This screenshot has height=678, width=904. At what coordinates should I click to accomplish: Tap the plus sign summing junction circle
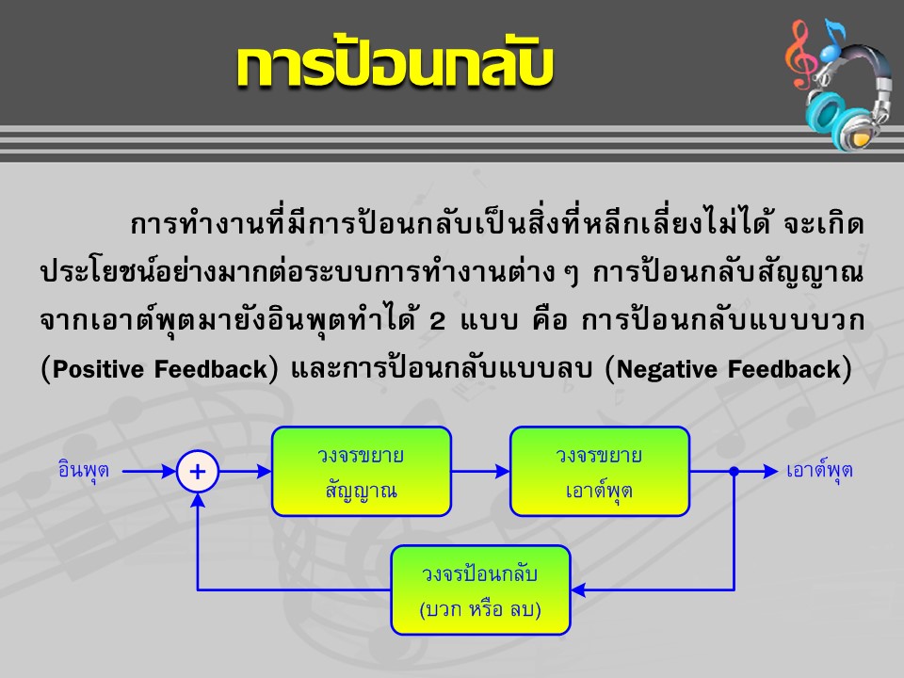[x=198, y=472]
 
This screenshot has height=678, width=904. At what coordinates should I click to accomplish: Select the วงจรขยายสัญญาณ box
[x=362, y=472]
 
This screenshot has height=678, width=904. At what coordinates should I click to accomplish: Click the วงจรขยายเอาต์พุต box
[x=600, y=472]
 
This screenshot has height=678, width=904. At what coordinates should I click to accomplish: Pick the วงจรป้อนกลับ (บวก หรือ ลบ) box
[x=481, y=589]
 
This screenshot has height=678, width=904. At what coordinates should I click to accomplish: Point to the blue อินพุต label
[x=84, y=471]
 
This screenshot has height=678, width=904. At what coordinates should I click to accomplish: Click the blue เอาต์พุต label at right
[x=819, y=471]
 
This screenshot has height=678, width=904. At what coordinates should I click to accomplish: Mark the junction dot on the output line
[x=734, y=472]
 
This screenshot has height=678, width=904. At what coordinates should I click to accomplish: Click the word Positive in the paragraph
[x=98, y=369]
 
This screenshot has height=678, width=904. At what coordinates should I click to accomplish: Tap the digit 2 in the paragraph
[x=438, y=321]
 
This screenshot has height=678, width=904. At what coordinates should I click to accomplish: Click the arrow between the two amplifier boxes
[x=481, y=472]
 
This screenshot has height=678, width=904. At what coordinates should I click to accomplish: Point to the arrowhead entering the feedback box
[x=578, y=589]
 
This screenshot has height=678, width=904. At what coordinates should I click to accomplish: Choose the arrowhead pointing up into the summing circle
[x=198, y=500]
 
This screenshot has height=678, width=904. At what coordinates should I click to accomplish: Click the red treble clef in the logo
[x=801, y=55]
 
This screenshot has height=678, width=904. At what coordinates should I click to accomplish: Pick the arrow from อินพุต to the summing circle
[x=150, y=472]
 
